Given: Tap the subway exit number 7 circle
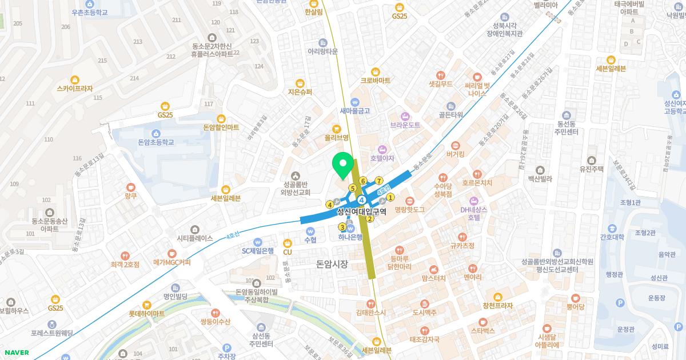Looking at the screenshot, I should tap(379, 181).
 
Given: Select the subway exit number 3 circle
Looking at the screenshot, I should tap(342, 227).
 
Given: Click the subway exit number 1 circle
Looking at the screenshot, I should tap(390, 198).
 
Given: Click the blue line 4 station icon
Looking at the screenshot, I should tap(362, 200).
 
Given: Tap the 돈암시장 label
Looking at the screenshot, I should tap(332, 264).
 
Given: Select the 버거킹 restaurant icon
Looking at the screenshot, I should tap(456, 145).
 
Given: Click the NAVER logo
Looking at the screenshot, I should tap(15, 353).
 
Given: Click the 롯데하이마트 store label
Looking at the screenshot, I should tap(147, 314).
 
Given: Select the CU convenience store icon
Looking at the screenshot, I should tap(288, 242).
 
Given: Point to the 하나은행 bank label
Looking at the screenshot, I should tap(350, 237).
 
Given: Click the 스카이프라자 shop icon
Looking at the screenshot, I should tap(75, 79).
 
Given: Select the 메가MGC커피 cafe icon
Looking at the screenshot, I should tap(172, 253).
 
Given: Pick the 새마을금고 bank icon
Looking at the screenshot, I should tap(354, 101).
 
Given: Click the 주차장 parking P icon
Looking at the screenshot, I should tap(227, 347).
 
